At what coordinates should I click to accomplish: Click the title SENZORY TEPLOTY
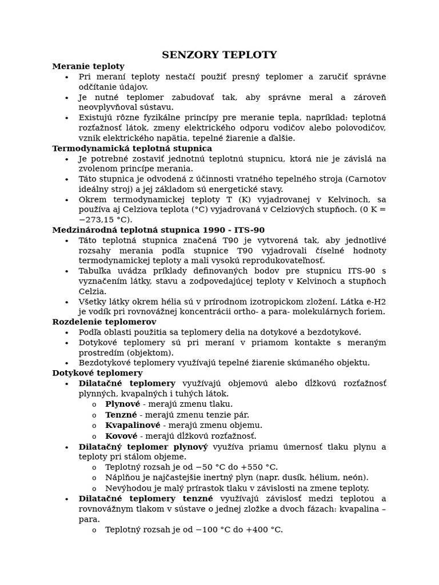(219, 55)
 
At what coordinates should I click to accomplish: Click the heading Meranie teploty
(88, 66)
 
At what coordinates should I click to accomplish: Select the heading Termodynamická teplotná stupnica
(132, 149)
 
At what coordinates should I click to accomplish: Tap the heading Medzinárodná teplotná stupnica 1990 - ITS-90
(158, 230)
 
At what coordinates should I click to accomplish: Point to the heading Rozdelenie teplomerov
(104, 322)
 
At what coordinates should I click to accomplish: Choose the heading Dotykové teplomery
(97, 373)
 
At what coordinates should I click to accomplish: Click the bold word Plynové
(122, 404)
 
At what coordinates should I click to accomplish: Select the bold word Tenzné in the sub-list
(121, 415)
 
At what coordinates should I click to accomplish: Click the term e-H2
(374, 301)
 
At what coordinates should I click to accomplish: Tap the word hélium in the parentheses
(325, 477)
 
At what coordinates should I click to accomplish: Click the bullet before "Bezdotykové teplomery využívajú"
(67, 363)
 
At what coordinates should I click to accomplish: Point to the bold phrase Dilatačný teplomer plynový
(143, 447)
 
